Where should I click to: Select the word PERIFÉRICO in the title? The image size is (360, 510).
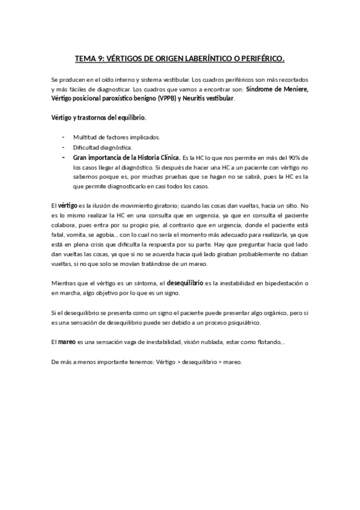(258, 59)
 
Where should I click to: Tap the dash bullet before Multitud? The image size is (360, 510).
(64, 137)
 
